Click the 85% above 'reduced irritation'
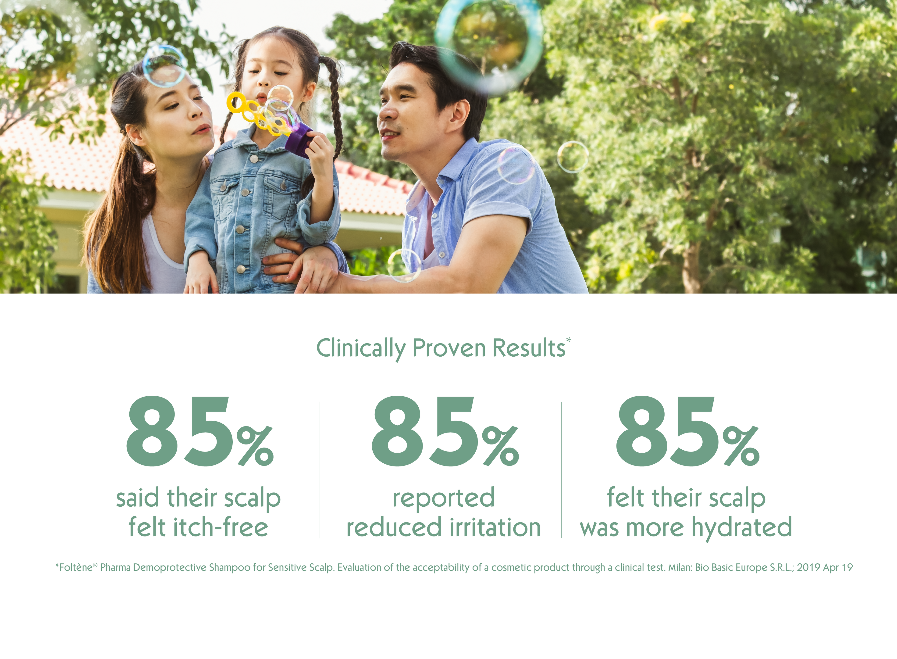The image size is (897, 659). tap(445, 431)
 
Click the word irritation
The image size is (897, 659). tap(495, 527)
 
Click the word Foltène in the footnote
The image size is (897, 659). tap(76, 567)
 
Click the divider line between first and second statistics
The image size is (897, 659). tap(319, 470)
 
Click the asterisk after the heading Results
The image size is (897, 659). tap(569, 340)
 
